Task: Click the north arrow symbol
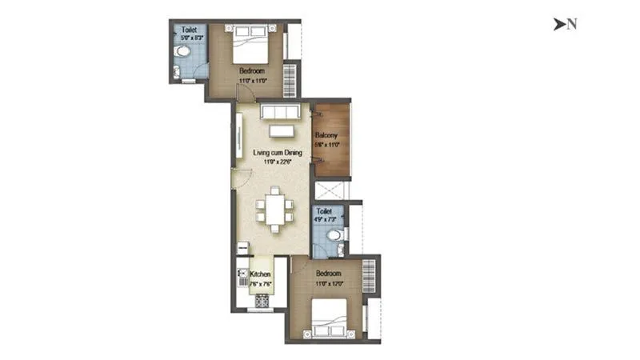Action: pos(558,24)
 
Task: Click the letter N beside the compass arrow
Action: pos(572,24)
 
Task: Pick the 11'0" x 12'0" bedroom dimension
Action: pos(328,283)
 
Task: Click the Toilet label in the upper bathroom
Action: pos(188,30)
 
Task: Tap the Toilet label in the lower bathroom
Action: pos(324,211)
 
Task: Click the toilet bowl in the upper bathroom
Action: pos(183,51)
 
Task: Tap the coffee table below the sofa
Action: pos(281,130)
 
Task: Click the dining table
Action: pos(274,210)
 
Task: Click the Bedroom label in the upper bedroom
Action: pos(252,71)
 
